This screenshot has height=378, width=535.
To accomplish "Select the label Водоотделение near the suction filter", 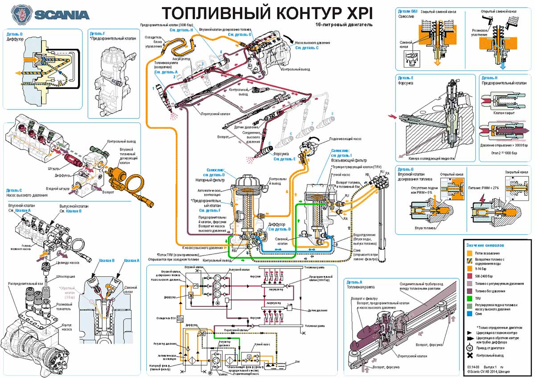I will [x=363, y=235].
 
